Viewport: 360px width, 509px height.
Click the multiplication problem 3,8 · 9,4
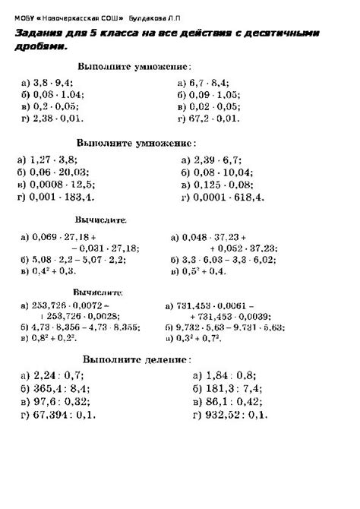pos(52,81)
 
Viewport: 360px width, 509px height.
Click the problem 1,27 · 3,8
pos(51,160)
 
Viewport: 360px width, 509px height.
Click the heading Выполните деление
pos(137,358)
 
